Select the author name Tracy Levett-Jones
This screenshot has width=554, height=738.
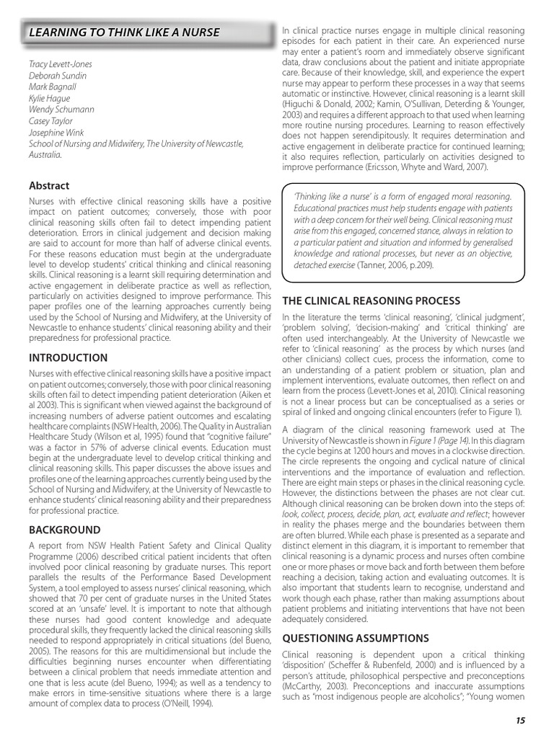(61, 64)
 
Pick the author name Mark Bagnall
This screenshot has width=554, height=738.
(52, 87)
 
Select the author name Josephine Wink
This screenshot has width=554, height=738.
(56, 133)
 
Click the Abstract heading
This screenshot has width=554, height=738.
(48, 185)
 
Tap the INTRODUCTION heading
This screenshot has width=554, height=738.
(68, 357)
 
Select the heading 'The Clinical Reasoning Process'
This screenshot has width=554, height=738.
(371, 300)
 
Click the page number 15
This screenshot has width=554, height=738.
(520, 720)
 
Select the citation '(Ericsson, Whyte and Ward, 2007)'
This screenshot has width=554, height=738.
(420, 167)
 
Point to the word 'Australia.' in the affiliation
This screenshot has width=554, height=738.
(45, 155)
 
